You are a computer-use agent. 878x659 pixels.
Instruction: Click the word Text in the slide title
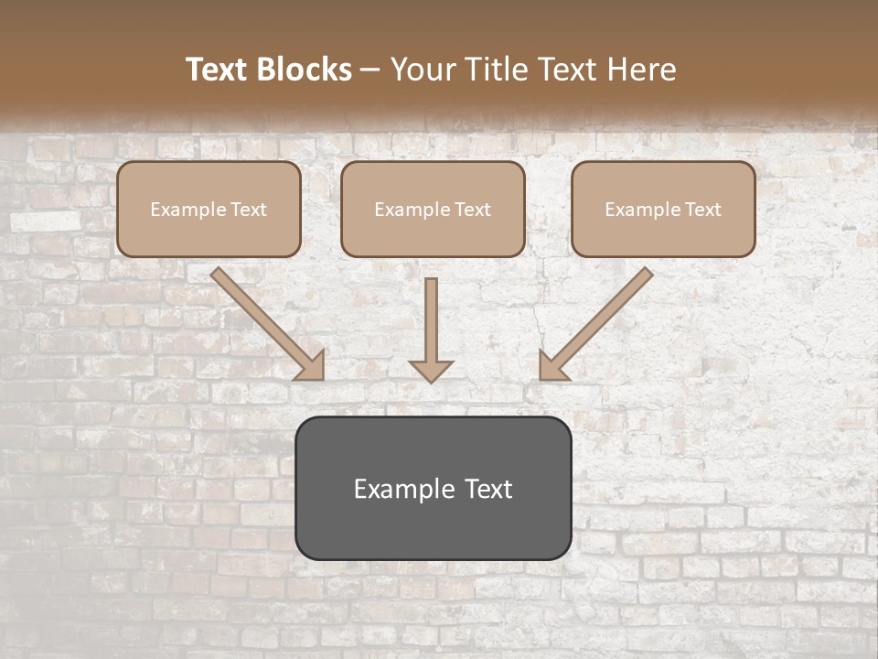pos(218,70)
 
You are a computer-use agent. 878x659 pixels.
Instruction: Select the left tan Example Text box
pos(209,210)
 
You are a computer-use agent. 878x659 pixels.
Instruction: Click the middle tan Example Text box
pos(433,210)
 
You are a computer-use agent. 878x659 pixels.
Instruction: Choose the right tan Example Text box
pos(663,210)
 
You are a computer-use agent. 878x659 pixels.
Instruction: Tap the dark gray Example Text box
pos(433,488)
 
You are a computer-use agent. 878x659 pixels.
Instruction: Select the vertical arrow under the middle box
pos(431,320)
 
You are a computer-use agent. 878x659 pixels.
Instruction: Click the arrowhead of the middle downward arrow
pos(431,370)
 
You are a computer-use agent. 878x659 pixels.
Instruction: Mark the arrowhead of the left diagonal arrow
pos(311,365)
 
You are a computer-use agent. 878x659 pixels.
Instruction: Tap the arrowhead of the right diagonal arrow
pos(551,365)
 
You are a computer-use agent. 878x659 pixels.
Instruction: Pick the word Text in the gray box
pos(487,489)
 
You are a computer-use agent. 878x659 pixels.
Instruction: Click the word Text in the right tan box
pos(702,210)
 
